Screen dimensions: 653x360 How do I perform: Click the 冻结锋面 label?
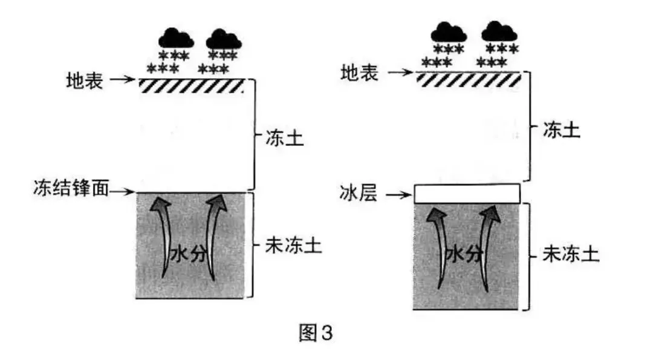tap(71, 188)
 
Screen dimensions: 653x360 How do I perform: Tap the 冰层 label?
tap(359, 194)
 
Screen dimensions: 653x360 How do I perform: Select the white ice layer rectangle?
tap(467, 194)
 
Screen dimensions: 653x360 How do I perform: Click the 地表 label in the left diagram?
tap(85, 80)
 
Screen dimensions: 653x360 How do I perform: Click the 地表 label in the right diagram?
tap(359, 73)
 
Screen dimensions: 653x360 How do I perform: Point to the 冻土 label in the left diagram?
tap(285, 139)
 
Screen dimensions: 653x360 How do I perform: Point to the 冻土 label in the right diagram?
tap(562, 130)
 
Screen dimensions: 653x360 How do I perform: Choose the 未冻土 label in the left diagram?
tap(294, 245)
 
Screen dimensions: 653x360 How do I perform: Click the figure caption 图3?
tap(316, 333)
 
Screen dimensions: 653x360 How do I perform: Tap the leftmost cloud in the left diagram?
tap(176, 38)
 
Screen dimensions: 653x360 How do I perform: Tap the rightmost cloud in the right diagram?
tap(499, 31)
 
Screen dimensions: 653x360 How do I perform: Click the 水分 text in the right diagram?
tap(464, 254)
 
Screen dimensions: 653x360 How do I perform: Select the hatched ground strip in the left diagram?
tap(192, 85)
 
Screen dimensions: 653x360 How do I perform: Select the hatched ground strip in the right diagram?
tap(469, 79)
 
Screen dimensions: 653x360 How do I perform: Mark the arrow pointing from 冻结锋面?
tap(122, 192)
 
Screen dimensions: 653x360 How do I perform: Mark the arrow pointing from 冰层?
tap(399, 195)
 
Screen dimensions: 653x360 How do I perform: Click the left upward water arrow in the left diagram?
tap(163, 238)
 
